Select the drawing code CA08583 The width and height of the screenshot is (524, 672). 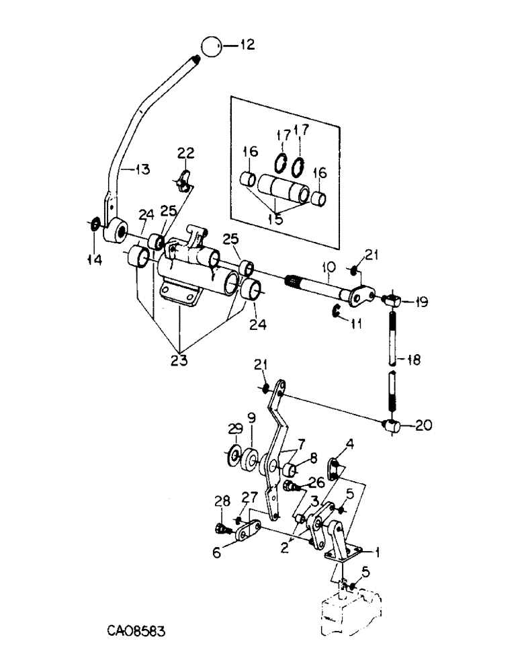[x=136, y=632]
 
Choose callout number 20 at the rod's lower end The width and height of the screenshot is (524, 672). [x=423, y=425]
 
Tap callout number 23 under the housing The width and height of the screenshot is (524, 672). [x=178, y=360]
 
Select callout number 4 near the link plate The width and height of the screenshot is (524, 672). [x=350, y=444]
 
